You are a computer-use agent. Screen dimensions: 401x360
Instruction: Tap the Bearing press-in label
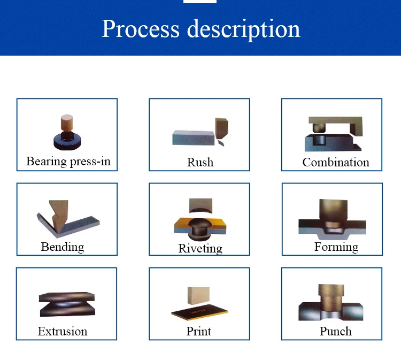[68, 161]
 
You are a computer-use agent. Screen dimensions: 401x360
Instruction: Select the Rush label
[200, 162]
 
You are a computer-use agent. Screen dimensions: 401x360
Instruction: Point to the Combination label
[336, 162]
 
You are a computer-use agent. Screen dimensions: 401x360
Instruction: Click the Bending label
[63, 247]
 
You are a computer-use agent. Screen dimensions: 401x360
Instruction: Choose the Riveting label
[200, 248]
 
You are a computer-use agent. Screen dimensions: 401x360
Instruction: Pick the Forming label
[336, 247]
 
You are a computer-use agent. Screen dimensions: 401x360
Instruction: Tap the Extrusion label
[63, 332]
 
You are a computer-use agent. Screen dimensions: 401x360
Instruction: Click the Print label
[199, 332]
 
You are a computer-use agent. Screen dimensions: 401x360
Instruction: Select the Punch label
[336, 331]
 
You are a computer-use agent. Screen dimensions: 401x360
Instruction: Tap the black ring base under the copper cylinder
[68, 142]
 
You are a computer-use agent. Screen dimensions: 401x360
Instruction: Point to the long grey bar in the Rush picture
[192, 137]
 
